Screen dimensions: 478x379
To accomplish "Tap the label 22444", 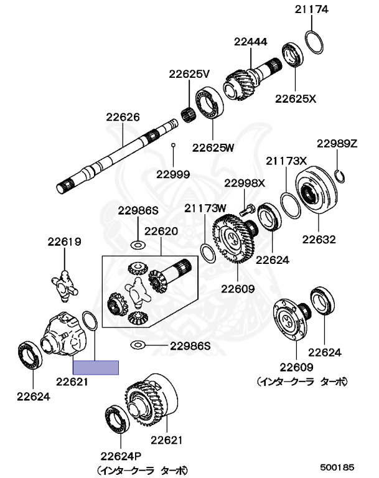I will click(x=250, y=42).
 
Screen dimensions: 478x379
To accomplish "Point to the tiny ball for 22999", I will click(x=174, y=145).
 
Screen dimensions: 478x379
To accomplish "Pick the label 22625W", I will click(x=213, y=148).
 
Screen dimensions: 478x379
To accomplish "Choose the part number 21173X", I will click(x=287, y=161).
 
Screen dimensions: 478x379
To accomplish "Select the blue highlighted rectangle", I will click(x=95, y=367).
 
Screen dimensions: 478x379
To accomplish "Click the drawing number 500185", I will click(x=337, y=466).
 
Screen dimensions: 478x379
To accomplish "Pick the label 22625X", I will click(x=296, y=98).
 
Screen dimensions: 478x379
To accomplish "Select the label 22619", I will click(x=65, y=242).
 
